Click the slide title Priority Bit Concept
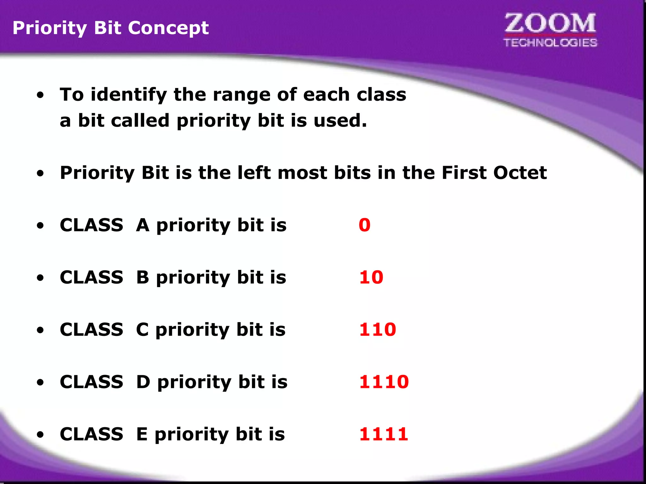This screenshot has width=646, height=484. (x=110, y=28)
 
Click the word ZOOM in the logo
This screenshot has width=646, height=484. (x=550, y=24)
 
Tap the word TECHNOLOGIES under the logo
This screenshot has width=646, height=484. (x=550, y=43)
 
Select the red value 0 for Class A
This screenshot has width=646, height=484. (x=364, y=225)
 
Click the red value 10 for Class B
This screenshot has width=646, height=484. (x=371, y=277)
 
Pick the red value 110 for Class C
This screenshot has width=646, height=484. (x=377, y=330)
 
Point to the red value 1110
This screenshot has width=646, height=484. (x=384, y=382)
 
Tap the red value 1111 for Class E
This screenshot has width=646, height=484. (x=384, y=434)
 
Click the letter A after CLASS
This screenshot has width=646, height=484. (x=143, y=225)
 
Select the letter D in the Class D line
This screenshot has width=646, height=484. (x=143, y=382)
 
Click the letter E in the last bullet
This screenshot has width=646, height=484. (x=142, y=434)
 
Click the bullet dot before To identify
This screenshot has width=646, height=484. (x=40, y=95)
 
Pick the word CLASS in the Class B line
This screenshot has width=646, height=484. (x=91, y=277)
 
